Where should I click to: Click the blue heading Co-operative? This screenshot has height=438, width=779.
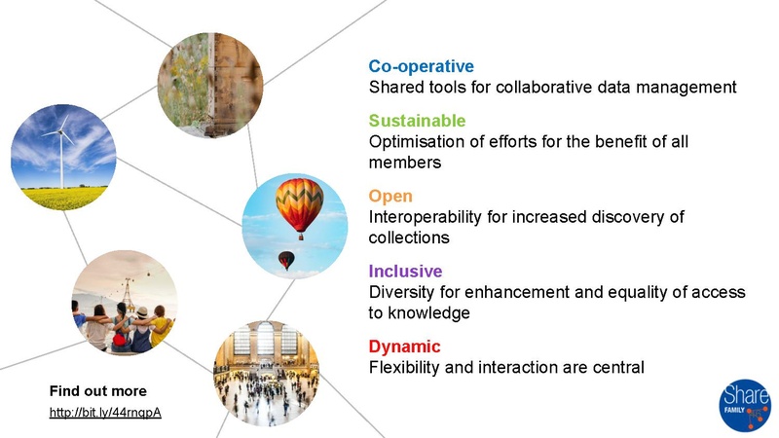pos(421,66)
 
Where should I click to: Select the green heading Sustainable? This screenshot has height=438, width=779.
pos(417,121)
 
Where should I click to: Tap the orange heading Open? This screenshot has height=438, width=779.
pos(390,196)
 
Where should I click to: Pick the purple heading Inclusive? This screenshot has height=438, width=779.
pos(405,271)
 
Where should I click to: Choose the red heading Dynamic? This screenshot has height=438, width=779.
pos(404,347)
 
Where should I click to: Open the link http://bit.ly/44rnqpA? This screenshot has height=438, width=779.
pos(105,412)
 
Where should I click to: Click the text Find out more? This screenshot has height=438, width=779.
pos(98,391)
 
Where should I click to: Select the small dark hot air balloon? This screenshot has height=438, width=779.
pos(286,259)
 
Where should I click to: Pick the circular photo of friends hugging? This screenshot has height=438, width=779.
pos(124,303)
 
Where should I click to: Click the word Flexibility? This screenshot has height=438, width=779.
pos(404,368)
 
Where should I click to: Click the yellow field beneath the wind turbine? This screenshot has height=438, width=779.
pos(63,198)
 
